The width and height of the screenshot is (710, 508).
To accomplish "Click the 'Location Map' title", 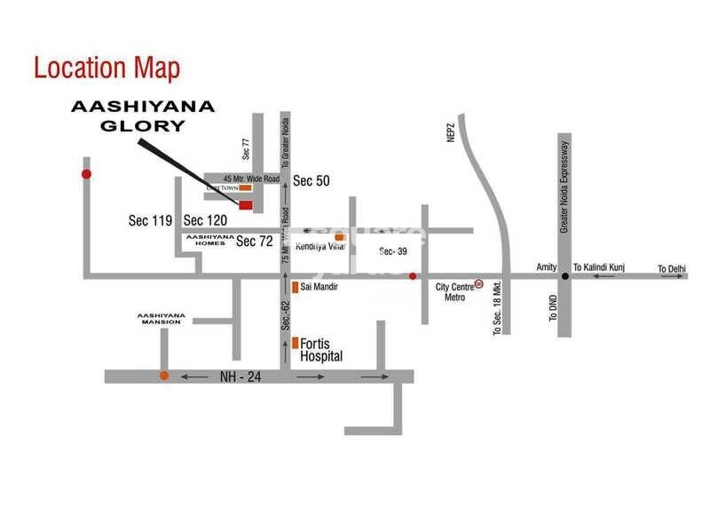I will click(106, 67).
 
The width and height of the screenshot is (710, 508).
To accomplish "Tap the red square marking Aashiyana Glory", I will click(246, 205).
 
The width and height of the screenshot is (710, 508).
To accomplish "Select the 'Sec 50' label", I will click(312, 180).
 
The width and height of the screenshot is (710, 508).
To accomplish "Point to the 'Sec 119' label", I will click(149, 220).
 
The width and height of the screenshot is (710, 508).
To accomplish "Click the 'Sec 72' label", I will click(254, 242).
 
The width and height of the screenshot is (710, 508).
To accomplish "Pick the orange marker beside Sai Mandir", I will click(296, 288).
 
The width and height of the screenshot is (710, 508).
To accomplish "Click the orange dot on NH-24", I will click(164, 376).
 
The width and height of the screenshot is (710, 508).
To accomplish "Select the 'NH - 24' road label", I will click(240, 377).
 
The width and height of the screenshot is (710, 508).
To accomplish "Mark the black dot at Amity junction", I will click(564, 276).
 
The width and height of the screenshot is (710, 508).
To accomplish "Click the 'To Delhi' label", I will click(673, 268).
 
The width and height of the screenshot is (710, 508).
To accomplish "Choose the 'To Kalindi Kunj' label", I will click(601, 267).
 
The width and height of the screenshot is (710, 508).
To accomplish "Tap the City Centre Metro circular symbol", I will click(479, 284).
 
